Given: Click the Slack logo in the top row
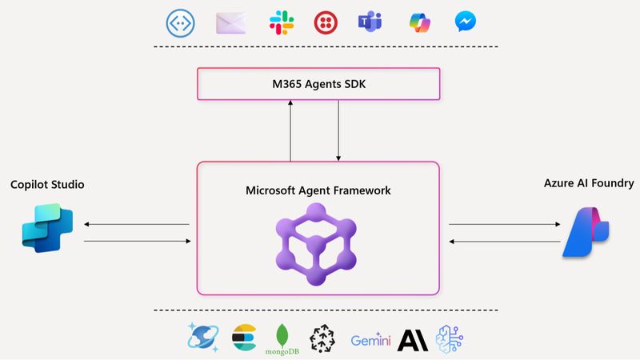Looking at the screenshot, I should click(x=279, y=22).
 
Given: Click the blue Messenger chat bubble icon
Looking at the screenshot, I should click(x=467, y=22).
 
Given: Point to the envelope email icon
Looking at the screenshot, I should click(x=230, y=22).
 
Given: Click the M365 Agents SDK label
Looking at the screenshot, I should click(x=318, y=84).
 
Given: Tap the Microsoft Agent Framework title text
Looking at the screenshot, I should click(x=318, y=191).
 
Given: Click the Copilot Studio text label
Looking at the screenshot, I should click(x=47, y=185).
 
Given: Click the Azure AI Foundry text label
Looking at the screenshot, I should click(x=588, y=183).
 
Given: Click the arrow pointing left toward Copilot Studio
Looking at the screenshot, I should click(x=136, y=225).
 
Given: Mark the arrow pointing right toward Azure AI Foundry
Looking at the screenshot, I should click(x=504, y=225).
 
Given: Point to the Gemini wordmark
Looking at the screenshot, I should click(x=371, y=341).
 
